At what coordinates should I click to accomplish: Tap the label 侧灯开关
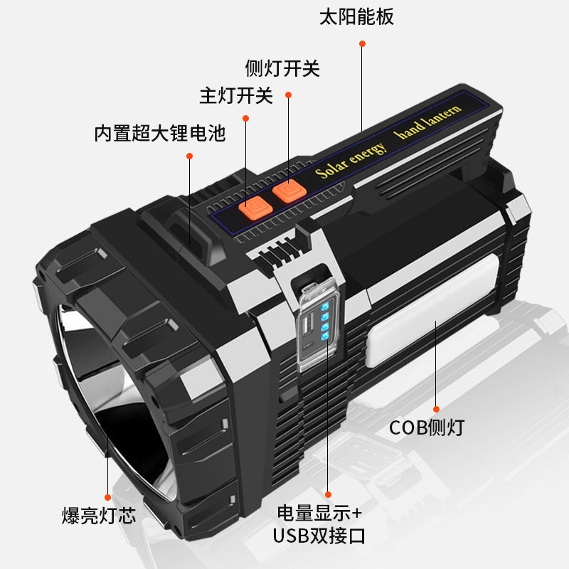tap(282, 69)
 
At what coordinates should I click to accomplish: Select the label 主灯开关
tap(236, 95)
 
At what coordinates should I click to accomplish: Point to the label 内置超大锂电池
tap(160, 133)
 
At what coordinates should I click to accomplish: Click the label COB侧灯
tap(427, 428)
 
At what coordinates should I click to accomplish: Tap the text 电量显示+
tap(319, 513)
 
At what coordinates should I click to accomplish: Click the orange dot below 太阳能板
tap(362, 43)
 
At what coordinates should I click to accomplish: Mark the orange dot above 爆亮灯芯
tap(107, 497)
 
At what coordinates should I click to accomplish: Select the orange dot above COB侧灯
tap(436, 409)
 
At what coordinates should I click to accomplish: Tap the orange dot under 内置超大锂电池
tap(190, 155)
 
